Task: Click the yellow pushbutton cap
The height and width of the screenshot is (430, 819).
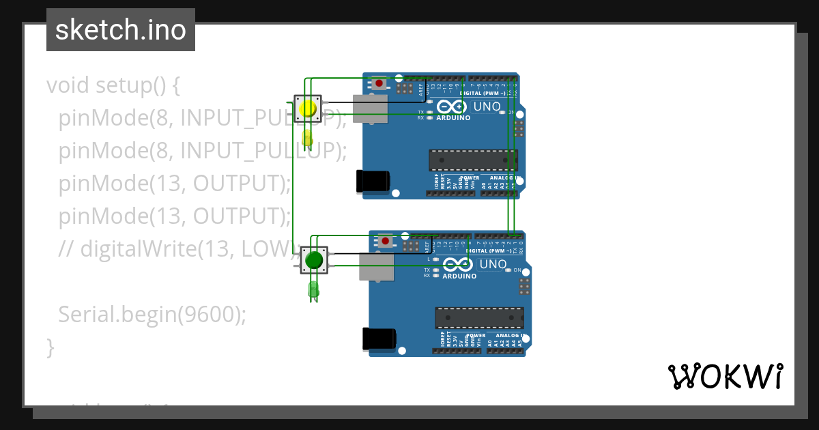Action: pos(308,108)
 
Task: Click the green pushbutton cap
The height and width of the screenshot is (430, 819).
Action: pos(314,260)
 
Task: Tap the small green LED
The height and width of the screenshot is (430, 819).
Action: pos(313,289)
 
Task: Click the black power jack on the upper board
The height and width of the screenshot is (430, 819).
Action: pos(373,181)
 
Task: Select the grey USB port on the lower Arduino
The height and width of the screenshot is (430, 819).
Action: pos(377,266)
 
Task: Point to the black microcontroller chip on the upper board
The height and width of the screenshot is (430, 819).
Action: pos(473,160)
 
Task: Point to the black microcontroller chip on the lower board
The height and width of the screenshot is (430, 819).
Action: pos(480,318)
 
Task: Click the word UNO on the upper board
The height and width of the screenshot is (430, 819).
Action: pos(487,106)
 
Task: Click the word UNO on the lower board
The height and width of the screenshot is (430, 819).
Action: pos(493,264)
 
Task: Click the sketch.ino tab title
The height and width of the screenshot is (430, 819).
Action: pos(121,30)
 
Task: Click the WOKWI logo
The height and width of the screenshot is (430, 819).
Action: pos(725,376)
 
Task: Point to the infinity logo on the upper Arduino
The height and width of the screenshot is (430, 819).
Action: pos(452,107)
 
